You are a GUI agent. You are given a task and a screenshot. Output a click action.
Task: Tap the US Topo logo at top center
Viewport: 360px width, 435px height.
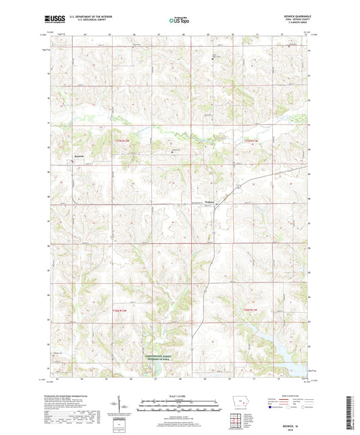179,20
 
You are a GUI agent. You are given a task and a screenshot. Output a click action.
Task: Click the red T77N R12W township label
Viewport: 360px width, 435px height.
119,140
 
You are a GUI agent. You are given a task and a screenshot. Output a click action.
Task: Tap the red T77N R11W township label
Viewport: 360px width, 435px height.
251,140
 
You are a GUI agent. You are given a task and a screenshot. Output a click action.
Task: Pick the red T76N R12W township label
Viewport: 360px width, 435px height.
119,309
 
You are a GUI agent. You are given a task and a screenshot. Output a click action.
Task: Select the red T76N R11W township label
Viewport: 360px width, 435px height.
251,309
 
